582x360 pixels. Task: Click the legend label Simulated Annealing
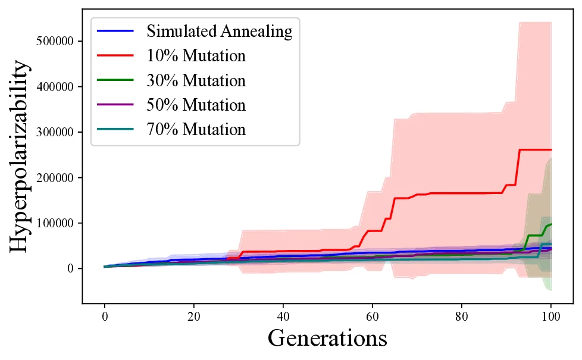click(220, 31)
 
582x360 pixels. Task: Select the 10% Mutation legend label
click(196, 56)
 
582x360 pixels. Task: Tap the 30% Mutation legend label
click(196, 80)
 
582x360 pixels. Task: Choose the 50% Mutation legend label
click(196, 105)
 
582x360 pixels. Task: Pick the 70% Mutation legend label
click(196, 129)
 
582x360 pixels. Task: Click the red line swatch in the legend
click(117, 56)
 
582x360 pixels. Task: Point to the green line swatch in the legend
click(117, 80)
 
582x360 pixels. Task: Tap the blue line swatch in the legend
click(117, 31)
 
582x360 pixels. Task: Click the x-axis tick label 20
click(194, 315)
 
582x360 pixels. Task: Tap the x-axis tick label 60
click(373, 315)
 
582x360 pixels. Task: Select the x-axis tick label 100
click(551, 315)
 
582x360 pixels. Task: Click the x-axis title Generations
click(327, 339)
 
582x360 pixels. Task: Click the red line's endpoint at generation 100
click(551, 149)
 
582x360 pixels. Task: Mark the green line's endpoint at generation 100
click(551, 224)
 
